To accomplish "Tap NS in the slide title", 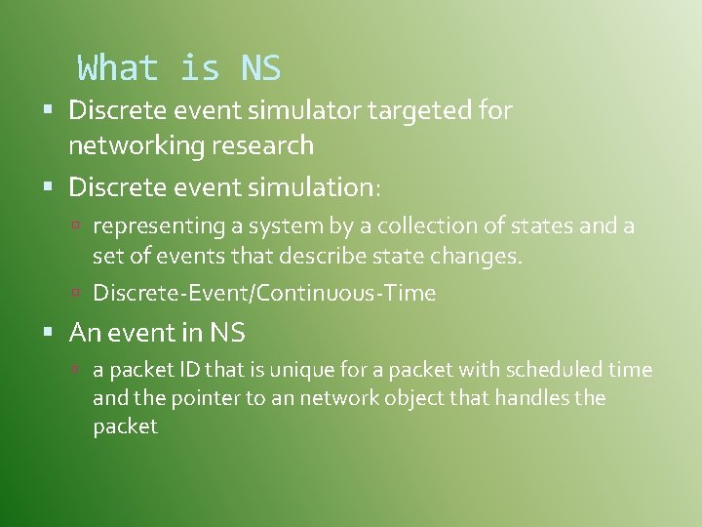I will [x=259, y=68].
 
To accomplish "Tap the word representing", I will [x=159, y=226].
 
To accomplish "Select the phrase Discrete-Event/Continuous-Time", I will [x=264, y=293].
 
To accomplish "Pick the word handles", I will [x=535, y=398].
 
